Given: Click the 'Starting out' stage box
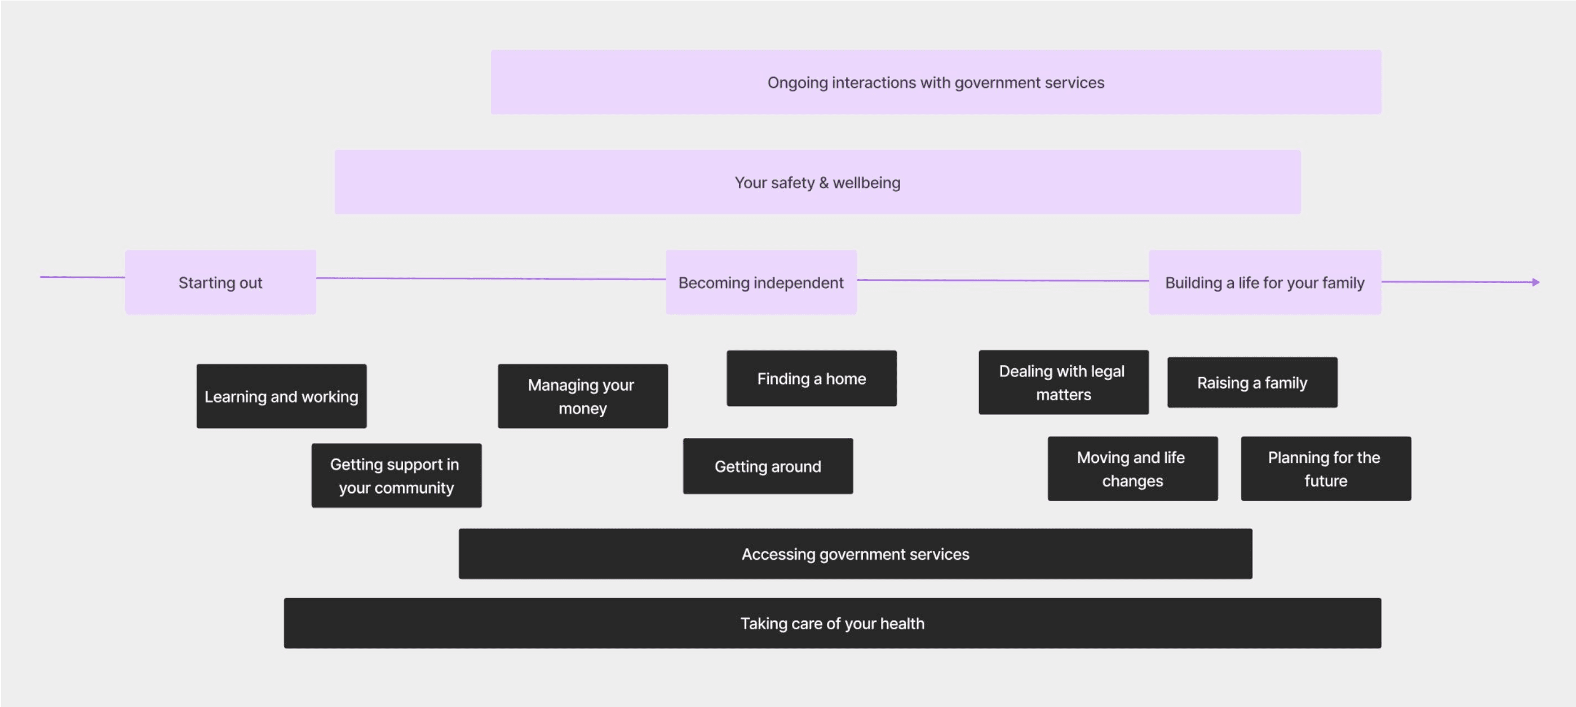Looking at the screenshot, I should [x=220, y=282].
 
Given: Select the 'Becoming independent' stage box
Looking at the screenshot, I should [x=760, y=282].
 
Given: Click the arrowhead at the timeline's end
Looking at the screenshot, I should [x=1535, y=282].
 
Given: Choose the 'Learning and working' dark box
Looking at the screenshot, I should [x=281, y=396].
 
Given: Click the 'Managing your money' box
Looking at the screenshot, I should [x=582, y=396].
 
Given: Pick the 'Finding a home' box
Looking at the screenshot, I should [x=811, y=378].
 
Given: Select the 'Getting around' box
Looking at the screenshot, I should [x=767, y=466].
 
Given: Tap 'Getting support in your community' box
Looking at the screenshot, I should [x=396, y=476].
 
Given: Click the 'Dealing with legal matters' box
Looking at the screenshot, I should [x=1063, y=383].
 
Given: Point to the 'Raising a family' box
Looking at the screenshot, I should [x=1252, y=383].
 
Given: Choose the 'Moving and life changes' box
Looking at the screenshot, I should [x=1132, y=469].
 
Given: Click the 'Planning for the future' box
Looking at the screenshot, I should [x=1325, y=469].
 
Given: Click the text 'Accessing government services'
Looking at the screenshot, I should [x=855, y=554].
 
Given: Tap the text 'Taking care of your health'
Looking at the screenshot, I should [x=832, y=623].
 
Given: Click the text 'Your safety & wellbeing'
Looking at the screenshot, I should [x=817, y=183].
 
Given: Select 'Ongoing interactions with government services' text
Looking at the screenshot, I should [x=936, y=83].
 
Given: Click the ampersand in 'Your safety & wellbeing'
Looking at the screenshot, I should [x=824, y=183].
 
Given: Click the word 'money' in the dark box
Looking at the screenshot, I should [x=582, y=408].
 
